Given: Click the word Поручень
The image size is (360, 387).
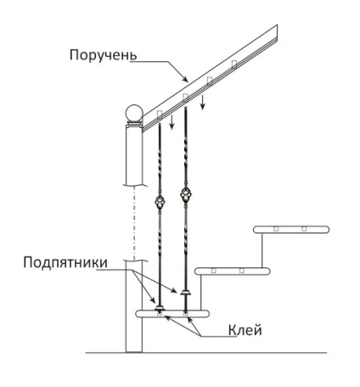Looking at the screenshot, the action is point(103,55).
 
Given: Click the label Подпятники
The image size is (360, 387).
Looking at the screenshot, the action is point(65,263).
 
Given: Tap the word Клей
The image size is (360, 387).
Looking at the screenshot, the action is point(245,330).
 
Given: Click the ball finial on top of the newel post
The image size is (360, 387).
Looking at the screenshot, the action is point(134,113).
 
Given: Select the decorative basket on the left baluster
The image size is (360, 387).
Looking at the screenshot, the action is point(160,201).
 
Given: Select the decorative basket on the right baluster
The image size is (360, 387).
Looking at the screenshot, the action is point(185,194).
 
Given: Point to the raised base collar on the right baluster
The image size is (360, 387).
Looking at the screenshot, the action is point(186,292).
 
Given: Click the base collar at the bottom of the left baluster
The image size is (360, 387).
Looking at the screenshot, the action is point(160,307).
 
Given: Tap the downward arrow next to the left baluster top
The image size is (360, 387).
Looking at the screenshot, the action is point(172,122).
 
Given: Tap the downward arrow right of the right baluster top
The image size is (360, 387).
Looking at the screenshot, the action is point(202,103).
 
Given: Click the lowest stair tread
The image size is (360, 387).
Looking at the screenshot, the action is point(172,313).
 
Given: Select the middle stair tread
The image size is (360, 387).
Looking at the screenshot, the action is point(233,271).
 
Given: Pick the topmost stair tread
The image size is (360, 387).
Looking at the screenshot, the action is point(291,229).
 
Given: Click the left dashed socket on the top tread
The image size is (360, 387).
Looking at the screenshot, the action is point(276,228).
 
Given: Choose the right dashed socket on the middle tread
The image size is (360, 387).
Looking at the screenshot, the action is point(242,271).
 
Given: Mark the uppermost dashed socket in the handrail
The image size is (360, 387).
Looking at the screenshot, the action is point(234,64).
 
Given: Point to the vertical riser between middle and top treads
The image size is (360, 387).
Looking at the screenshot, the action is point(262,250).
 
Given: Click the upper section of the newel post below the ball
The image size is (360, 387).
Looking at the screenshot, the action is point(134,155).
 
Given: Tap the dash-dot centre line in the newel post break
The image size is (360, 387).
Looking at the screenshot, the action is point(134,222).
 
